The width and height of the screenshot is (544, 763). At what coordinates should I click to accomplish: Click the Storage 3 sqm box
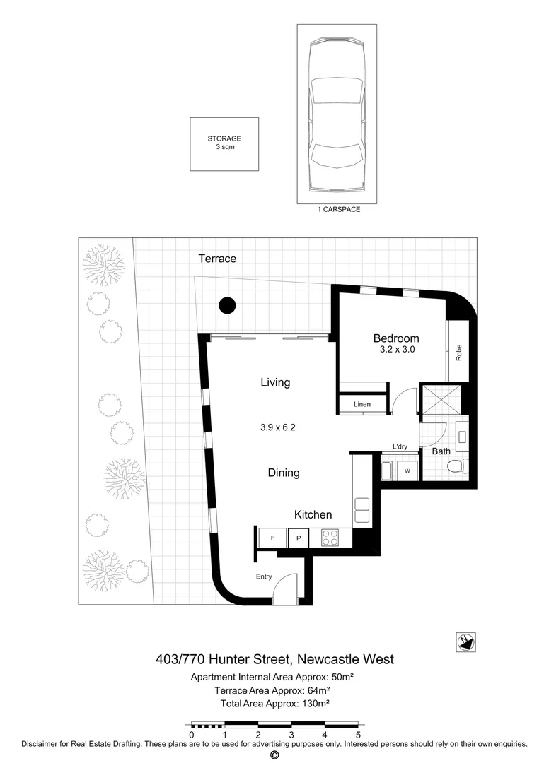click(x=224, y=143)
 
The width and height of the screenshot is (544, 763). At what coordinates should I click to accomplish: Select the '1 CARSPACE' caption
click(x=336, y=210)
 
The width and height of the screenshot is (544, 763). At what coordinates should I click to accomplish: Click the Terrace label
click(x=217, y=259)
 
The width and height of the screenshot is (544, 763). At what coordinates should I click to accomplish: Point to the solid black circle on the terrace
click(x=226, y=305)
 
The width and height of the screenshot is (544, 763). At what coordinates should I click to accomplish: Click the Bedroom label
click(x=396, y=338)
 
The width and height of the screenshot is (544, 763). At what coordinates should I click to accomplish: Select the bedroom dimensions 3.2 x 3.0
click(x=396, y=350)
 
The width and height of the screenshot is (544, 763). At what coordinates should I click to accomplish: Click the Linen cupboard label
click(x=362, y=404)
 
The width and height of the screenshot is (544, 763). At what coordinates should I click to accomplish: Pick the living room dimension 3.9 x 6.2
click(x=276, y=427)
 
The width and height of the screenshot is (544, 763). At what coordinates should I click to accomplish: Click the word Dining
click(x=283, y=473)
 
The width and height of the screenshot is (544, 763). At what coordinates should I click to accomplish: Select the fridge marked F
click(x=272, y=538)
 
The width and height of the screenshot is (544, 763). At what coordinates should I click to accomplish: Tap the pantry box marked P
click(x=299, y=538)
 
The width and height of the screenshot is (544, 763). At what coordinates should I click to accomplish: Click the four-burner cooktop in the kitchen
click(x=331, y=538)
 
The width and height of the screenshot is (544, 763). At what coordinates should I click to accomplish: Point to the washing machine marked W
click(x=408, y=470)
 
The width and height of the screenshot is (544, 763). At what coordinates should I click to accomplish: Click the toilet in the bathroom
click(x=456, y=467)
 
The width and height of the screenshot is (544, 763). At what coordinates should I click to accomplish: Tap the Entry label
click(x=264, y=576)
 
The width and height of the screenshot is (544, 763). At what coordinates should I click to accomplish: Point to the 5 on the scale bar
click(x=357, y=735)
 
